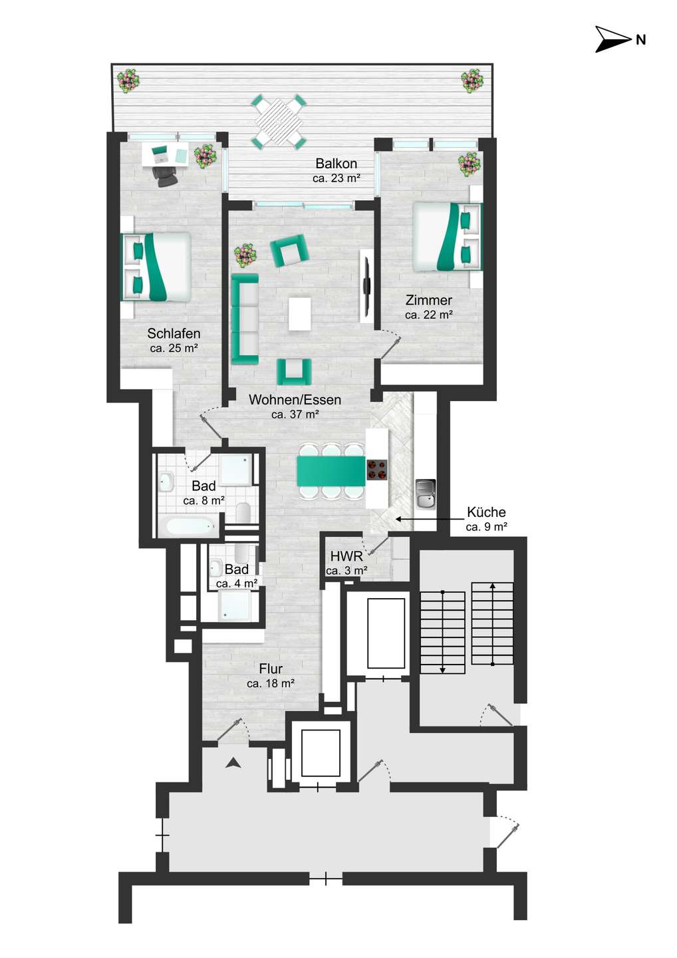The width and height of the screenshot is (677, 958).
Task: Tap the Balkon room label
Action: point(336,164)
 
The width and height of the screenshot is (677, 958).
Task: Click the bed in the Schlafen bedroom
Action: point(156,267)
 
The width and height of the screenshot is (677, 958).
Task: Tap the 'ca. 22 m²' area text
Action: point(429,315)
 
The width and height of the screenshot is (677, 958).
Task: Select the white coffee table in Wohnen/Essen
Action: point(300,313)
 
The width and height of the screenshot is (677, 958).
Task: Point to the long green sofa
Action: point(245,319)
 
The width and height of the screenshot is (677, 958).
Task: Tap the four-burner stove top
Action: point(377,470)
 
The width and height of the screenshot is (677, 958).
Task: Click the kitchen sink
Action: point(425,495)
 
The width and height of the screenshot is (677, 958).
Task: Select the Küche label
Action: point(486,512)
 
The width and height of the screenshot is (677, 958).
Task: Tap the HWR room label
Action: point(346,557)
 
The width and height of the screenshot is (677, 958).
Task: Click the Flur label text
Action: point(271,669)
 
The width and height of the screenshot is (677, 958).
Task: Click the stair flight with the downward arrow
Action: point(443,632)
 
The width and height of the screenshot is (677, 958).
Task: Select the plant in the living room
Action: point(245,255)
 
